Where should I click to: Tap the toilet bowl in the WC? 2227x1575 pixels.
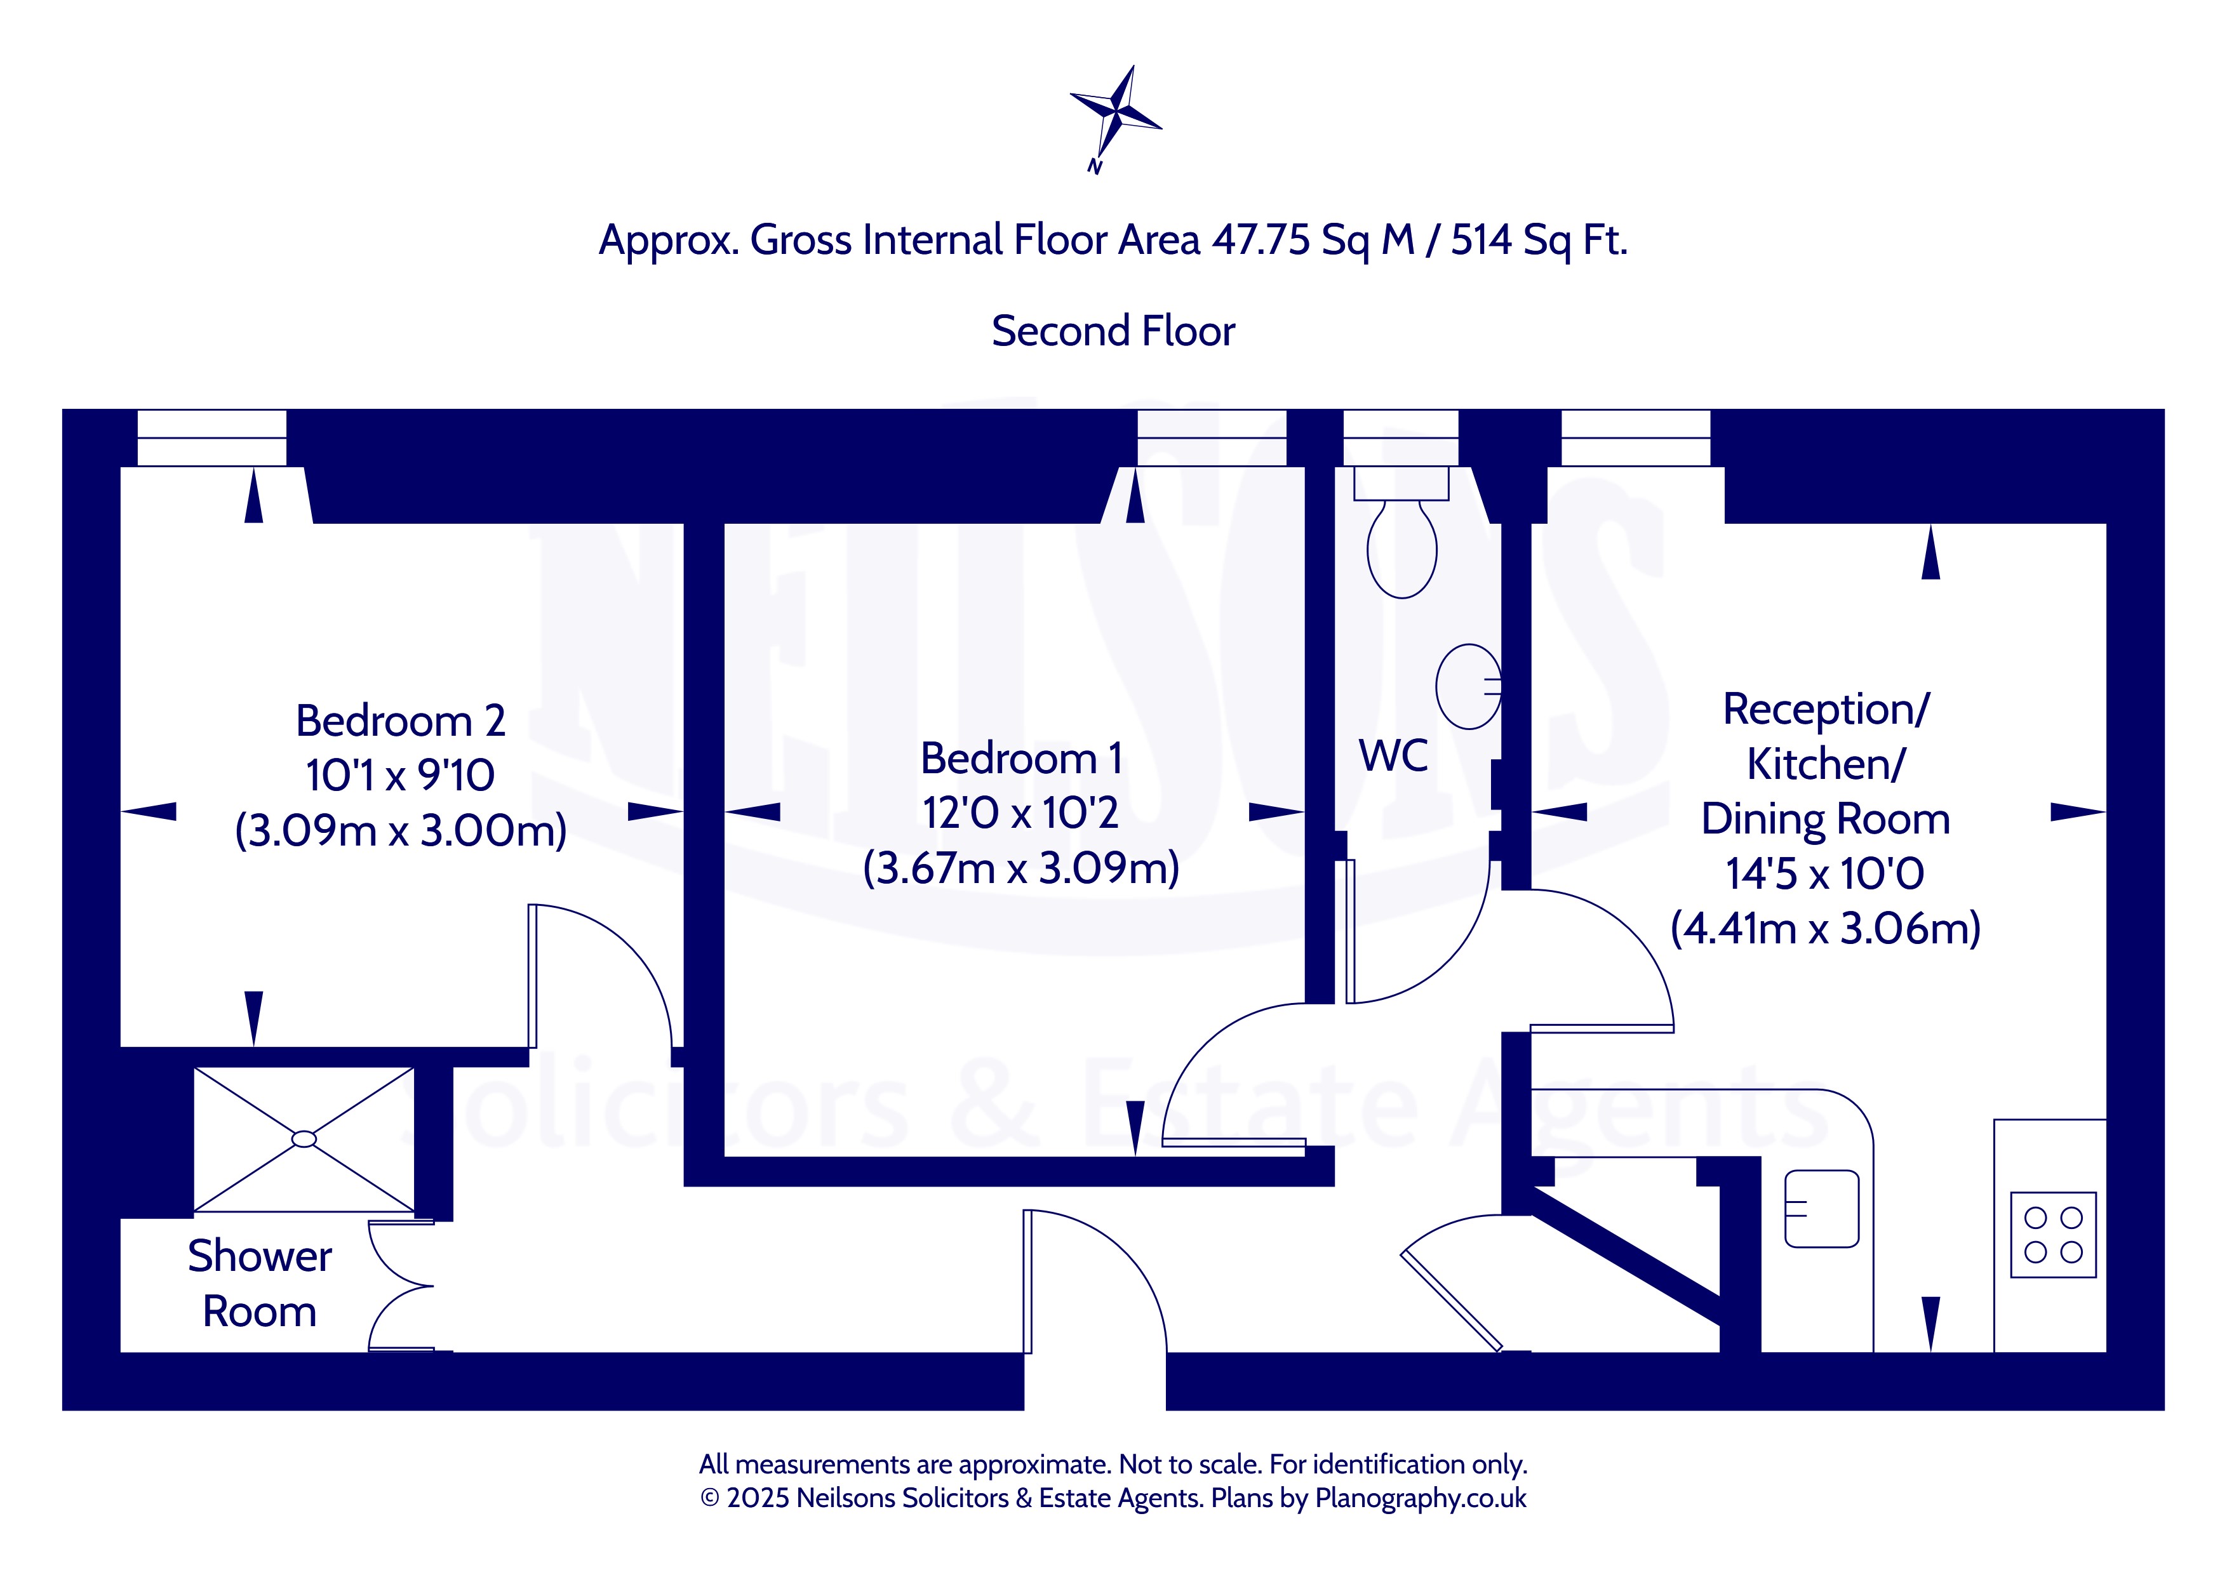pyautogui.click(x=1401, y=548)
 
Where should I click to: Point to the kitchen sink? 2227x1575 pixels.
pyautogui.click(x=1822, y=1209)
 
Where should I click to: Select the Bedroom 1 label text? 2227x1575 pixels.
pyautogui.click(x=1021, y=759)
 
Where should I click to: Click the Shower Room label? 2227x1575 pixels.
pyautogui.click(x=260, y=1283)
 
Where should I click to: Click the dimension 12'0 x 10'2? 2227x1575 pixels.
pyautogui.click(x=1020, y=813)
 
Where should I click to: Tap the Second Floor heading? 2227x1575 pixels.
pyautogui.click(x=1113, y=331)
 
